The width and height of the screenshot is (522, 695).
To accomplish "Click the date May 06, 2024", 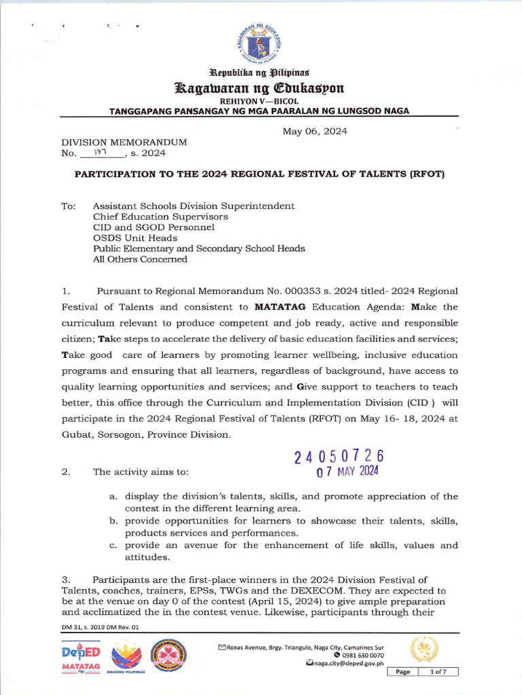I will point(315,132).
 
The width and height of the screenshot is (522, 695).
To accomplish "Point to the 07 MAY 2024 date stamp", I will point(349,471).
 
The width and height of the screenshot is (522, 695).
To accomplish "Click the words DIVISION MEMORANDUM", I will point(124,143).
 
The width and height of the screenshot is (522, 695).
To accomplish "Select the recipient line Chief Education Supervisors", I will point(160,217).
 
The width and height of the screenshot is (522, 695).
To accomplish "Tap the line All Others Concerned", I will point(140,259).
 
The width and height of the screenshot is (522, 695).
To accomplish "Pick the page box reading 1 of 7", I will point(438,671).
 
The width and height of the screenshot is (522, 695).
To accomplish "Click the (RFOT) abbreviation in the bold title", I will point(424,174).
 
